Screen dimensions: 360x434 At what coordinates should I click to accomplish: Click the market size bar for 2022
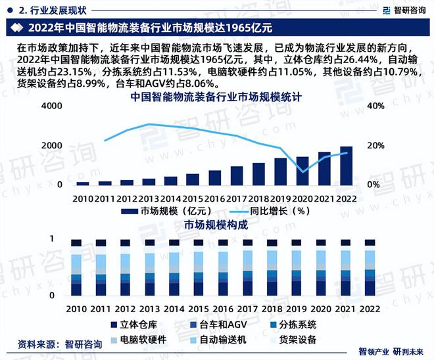point(346,166)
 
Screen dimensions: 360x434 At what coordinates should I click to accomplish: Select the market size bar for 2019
point(281,171)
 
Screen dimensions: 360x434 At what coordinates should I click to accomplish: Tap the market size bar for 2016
point(215,177)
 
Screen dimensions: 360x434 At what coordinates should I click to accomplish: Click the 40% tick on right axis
point(375,106)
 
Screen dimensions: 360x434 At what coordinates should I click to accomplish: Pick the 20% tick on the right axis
point(375,146)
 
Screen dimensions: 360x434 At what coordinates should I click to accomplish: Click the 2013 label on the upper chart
point(149,198)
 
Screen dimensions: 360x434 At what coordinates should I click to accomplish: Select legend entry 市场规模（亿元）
point(168,212)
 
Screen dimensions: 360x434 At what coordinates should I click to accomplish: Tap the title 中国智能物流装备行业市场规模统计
point(216,97)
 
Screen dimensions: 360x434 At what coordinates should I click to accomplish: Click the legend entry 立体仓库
point(134,324)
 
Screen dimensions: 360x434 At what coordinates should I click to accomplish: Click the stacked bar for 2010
point(76,268)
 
